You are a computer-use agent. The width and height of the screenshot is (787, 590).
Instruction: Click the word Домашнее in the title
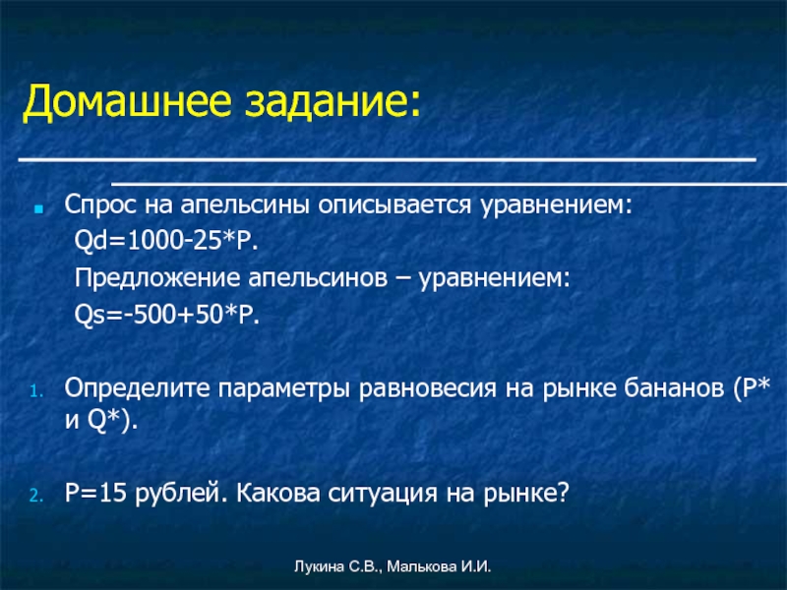[128, 102]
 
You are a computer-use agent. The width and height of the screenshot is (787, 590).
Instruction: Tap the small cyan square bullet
[38, 208]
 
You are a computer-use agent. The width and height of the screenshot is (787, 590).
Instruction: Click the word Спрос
[100, 206]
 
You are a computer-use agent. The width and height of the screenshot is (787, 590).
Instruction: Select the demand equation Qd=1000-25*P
[166, 241]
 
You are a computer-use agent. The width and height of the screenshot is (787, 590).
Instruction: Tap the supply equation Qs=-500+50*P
[166, 315]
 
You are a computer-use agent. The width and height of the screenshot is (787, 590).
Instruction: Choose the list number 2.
[36, 496]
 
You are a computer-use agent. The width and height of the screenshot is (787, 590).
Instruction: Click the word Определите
[137, 388]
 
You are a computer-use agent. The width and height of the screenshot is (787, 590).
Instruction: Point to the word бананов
[674, 387]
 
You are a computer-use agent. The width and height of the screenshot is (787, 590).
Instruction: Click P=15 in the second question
[95, 494]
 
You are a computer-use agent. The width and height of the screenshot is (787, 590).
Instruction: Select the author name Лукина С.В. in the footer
[338, 567]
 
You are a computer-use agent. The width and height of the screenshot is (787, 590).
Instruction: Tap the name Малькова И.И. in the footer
[439, 567]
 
